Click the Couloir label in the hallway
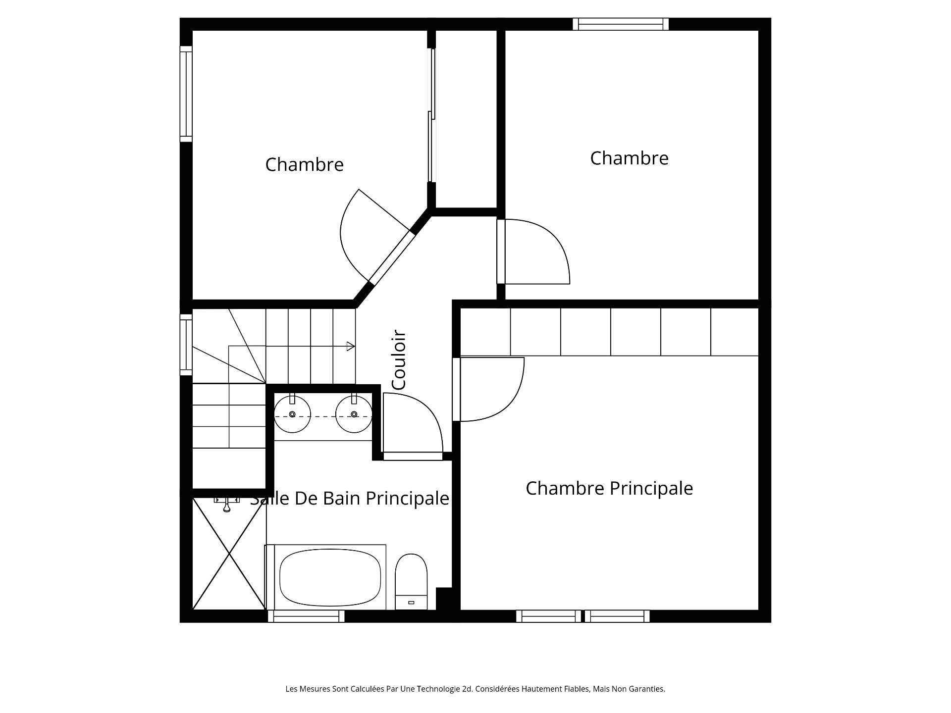[x=399, y=360]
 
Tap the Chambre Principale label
[x=609, y=488]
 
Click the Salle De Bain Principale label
[x=350, y=498]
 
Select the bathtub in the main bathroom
[x=325, y=577]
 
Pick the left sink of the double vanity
[x=292, y=414]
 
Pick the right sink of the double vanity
[x=354, y=414]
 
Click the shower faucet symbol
[x=227, y=504]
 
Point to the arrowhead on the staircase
[x=351, y=346]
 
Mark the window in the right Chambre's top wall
[x=621, y=24]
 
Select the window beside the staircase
[x=186, y=345]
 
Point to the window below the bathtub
[x=306, y=616]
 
